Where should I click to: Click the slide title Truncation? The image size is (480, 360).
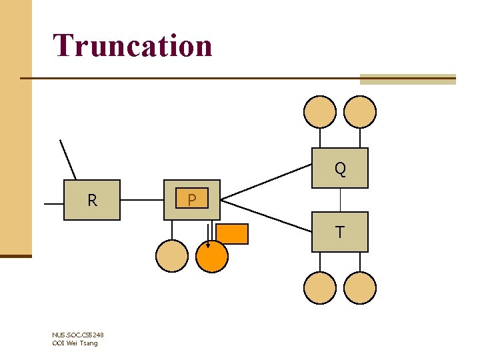[133, 45]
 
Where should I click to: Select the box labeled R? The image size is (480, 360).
[92, 200]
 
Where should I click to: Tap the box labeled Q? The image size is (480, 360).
[340, 168]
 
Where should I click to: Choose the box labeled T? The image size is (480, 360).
[340, 231]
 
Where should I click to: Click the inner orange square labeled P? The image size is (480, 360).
[192, 199]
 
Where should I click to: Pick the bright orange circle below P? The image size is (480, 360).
[212, 255]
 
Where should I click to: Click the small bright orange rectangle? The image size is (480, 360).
[232, 234]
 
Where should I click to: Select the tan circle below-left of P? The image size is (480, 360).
[172, 255]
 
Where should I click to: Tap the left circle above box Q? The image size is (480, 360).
[320, 111]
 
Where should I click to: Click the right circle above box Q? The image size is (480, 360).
[360, 111]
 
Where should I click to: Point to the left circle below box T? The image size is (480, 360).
[320, 288]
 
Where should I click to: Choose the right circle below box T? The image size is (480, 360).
[360, 288]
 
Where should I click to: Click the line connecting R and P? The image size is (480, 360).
[142, 199]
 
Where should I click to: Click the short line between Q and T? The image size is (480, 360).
[340, 200]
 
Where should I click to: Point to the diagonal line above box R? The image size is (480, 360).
[68, 160]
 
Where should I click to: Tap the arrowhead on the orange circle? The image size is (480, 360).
[207, 244]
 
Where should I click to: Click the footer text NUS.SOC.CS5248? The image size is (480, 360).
[77, 335]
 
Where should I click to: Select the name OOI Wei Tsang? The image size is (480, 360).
[75, 343]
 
